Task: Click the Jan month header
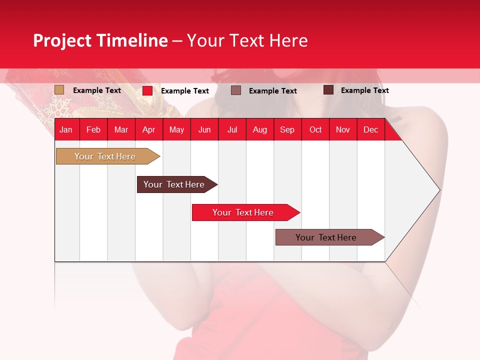point(66,129)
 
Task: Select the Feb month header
point(93,129)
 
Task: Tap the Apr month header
point(148,129)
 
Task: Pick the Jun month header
point(204,129)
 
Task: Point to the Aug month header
point(259,129)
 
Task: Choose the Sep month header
point(287,129)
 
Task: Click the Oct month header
point(315,129)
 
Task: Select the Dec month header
point(370,129)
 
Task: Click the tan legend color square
point(59,90)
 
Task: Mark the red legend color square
point(147,90)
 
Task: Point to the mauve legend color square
point(236,90)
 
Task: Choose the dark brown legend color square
point(328,90)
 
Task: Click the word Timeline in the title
point(131,40)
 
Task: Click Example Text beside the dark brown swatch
point(364,90)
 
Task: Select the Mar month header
point(121,129)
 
